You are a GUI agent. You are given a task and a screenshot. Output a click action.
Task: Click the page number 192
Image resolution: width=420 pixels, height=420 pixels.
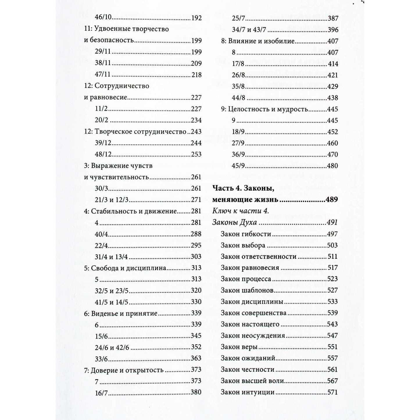(196, 18)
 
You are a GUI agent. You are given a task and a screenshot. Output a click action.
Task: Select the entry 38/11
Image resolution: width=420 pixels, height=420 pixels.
(103, 64)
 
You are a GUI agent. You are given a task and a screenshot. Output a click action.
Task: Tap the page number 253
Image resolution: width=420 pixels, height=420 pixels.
(196, 154)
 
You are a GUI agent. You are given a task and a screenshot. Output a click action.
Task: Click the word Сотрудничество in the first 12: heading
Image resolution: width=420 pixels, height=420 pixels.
(122, 86)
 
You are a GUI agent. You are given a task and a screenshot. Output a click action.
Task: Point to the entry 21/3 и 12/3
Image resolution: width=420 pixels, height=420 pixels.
(112, 200)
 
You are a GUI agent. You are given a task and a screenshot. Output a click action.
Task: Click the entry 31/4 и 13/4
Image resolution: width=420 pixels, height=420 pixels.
(112, 257)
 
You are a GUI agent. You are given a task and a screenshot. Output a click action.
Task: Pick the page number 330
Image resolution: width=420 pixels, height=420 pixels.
(196, 302)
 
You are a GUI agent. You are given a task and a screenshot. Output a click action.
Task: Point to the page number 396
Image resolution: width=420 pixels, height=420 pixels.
(333, 30)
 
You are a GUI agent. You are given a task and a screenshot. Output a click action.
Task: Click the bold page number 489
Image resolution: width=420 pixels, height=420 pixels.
(332, 200)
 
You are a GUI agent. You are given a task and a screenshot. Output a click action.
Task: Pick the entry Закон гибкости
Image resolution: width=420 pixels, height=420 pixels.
(246, 234)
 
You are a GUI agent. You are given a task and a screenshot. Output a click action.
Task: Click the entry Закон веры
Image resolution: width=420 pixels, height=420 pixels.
(239, 347)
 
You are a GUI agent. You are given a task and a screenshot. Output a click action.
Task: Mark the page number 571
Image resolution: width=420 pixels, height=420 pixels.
(333, 392)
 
